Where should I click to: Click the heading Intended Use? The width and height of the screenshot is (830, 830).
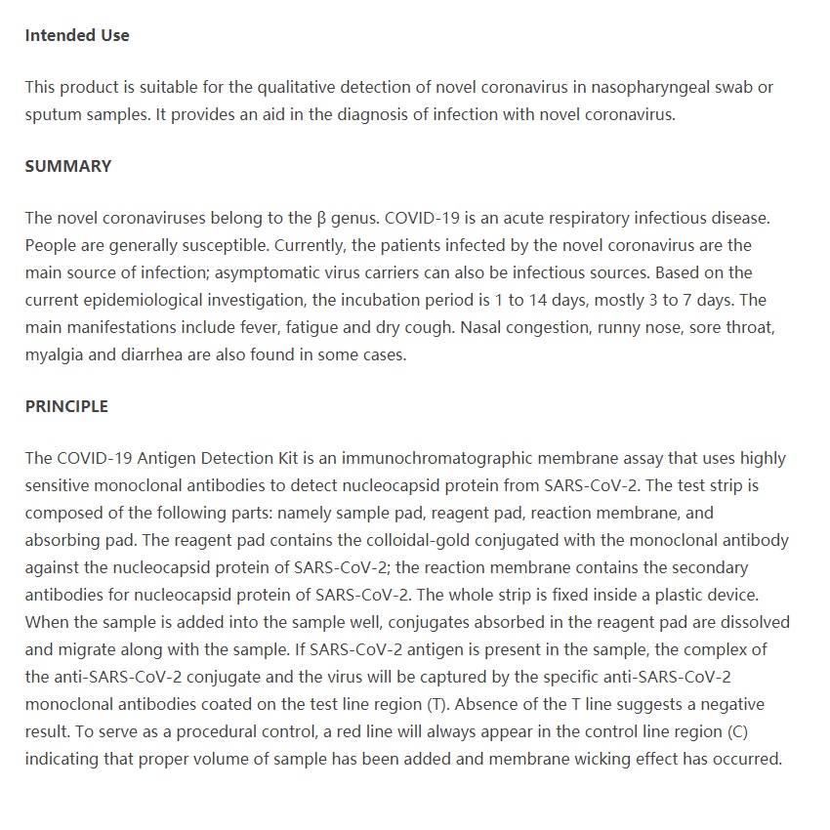(77, 35)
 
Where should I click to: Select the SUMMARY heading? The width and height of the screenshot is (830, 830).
(68, 166)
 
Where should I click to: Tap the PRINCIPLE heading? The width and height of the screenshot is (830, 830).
(66, 406)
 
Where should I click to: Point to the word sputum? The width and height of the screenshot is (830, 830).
(53, 115)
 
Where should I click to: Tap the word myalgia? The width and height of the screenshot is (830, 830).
(55, 354)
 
